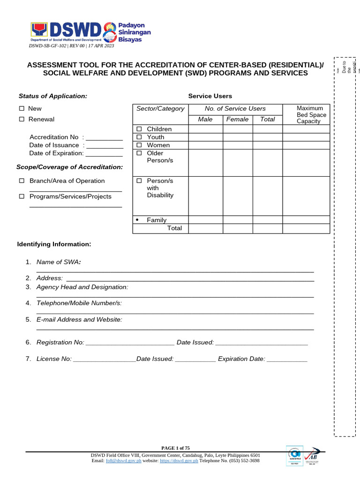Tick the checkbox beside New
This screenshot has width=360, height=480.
coord(22,109)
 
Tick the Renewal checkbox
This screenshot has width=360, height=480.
coord(22,120)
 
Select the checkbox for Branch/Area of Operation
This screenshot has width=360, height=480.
coord(22,181)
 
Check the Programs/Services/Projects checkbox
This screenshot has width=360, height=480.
coord(22,197)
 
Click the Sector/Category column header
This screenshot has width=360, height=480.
coord(160,109)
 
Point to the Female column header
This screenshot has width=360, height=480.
coord(237,120)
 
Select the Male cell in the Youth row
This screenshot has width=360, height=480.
coord(205,137)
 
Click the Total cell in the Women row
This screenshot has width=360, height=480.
coord(267,145)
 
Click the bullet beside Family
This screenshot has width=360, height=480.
coord(137,220)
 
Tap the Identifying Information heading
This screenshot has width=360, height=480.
coord(54,244)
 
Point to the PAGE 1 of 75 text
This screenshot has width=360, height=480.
coord(176,448)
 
